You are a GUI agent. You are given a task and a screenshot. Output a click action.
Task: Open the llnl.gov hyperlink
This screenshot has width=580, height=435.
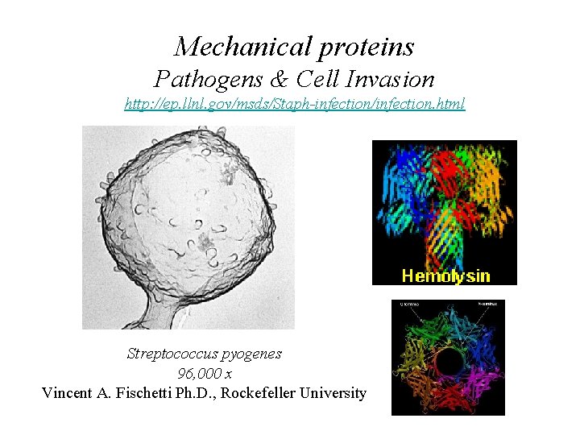coord(295,105)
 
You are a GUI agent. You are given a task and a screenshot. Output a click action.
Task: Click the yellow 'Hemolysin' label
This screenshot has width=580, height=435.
coord(445,275)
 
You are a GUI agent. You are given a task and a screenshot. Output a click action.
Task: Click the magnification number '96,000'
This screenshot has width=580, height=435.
coord(198,374)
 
